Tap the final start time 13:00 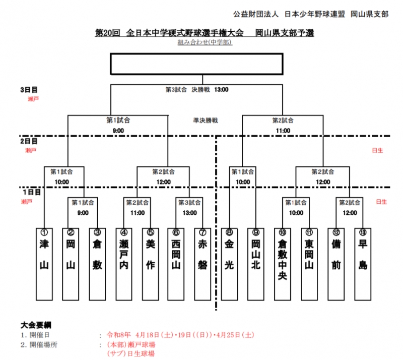(222, 90)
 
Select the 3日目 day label (28, 90)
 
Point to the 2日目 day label (28, 142)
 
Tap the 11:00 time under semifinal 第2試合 (283, 131)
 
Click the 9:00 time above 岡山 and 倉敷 (83, 213)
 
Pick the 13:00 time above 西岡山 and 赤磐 (189, 213)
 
